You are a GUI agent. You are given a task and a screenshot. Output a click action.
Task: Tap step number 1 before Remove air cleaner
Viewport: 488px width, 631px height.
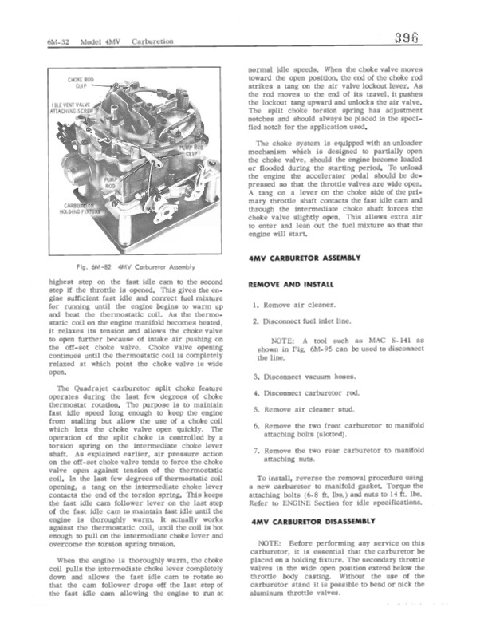click(x=252, y=306)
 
